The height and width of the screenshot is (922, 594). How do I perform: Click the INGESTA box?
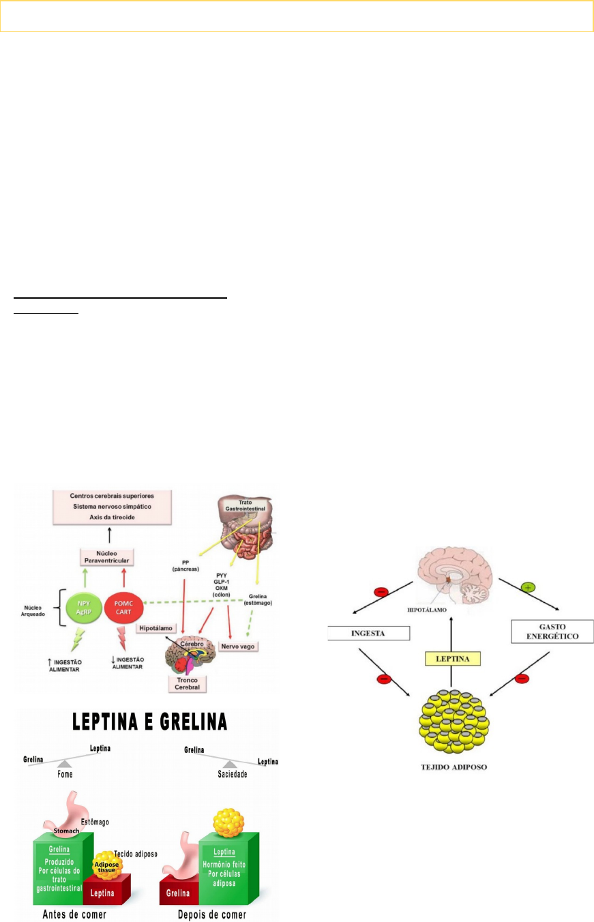coord(368,633)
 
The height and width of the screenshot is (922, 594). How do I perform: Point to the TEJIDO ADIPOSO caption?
coord(451,767)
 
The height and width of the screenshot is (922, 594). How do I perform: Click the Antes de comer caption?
coord(65,914)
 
